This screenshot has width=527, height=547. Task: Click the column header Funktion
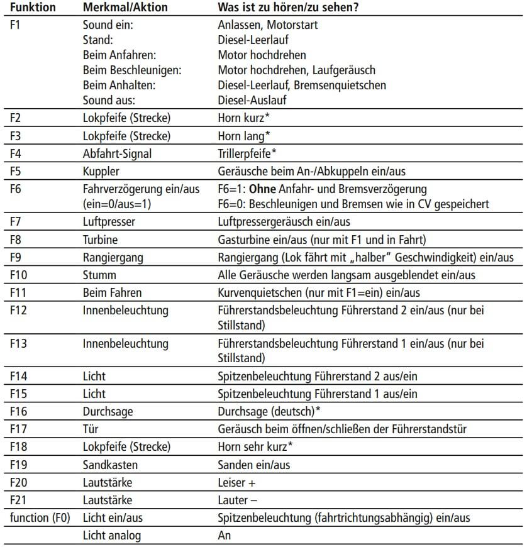tap(33, 9)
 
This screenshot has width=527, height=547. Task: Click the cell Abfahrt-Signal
tap(117, 153)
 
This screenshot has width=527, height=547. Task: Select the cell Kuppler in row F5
tap(100, 170)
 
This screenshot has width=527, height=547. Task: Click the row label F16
tap(20, 411)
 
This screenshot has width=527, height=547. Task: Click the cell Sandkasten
tap(110, 465)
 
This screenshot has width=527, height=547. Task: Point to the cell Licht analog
tap(112, 536)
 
